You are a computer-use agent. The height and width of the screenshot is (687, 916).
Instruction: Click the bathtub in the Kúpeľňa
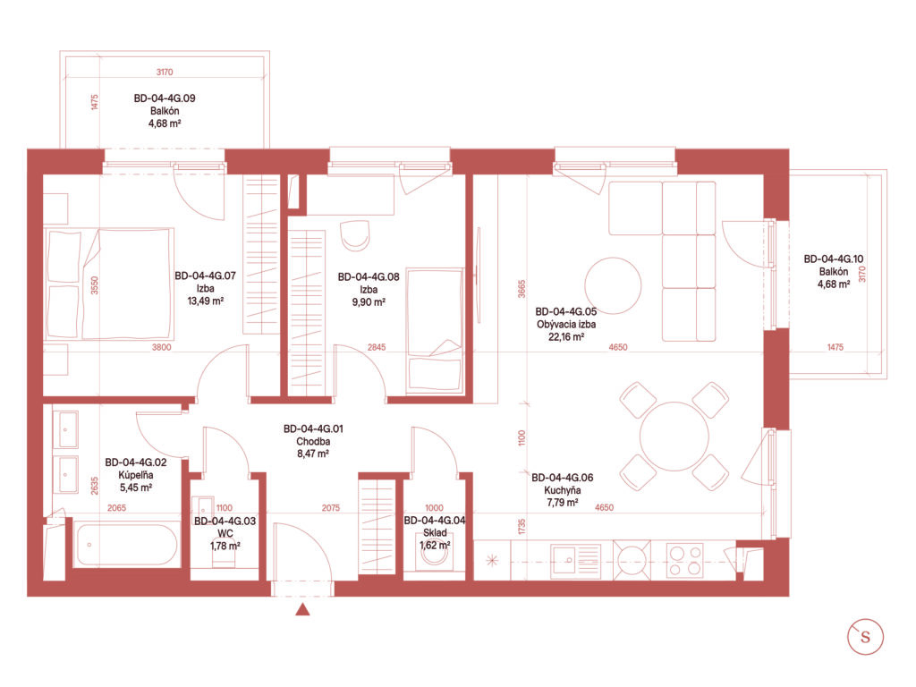(125, 545)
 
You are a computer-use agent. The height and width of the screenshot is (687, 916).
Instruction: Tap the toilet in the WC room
(224, 558)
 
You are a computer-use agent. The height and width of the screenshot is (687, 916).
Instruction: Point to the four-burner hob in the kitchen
(685, 560)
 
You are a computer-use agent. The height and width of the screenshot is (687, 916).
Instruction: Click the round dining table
(674, 436)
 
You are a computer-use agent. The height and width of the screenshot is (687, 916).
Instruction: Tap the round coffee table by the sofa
(613, 285)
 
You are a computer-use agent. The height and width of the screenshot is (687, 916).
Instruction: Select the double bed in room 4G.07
(110, 284)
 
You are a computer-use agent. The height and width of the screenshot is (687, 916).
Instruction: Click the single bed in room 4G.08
(435, 331)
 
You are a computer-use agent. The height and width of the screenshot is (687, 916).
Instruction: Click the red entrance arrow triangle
(302, 609)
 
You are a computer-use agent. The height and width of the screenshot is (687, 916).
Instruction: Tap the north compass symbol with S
(865, 636)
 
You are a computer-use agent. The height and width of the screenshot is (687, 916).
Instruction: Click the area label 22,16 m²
(566, 337)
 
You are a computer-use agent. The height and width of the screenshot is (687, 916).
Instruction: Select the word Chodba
(313, 442)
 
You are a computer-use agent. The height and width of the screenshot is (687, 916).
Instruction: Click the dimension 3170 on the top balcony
(165, 72)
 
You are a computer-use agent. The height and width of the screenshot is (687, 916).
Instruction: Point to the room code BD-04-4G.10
(834, 259)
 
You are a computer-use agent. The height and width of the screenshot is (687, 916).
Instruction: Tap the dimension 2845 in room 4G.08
(377, 347)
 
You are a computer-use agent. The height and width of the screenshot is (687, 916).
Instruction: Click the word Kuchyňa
(563, 490)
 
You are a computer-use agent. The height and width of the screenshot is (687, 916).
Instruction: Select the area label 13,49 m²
(205, 301)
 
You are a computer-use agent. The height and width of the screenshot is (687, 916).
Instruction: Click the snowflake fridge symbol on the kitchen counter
(492, 561)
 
